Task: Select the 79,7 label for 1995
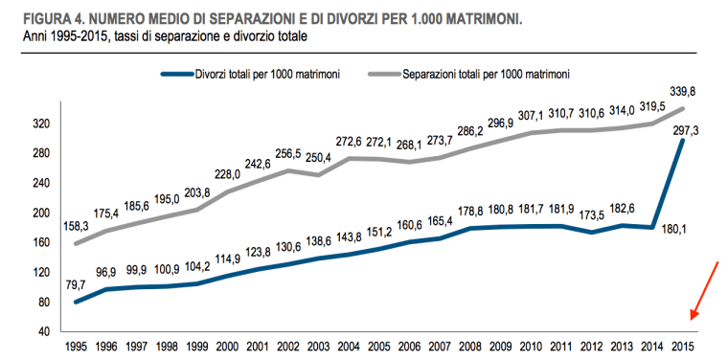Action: (76, 284)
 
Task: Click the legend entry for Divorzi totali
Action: (252, 73)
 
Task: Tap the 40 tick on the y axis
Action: (42, 332)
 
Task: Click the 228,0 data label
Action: (228, 174)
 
